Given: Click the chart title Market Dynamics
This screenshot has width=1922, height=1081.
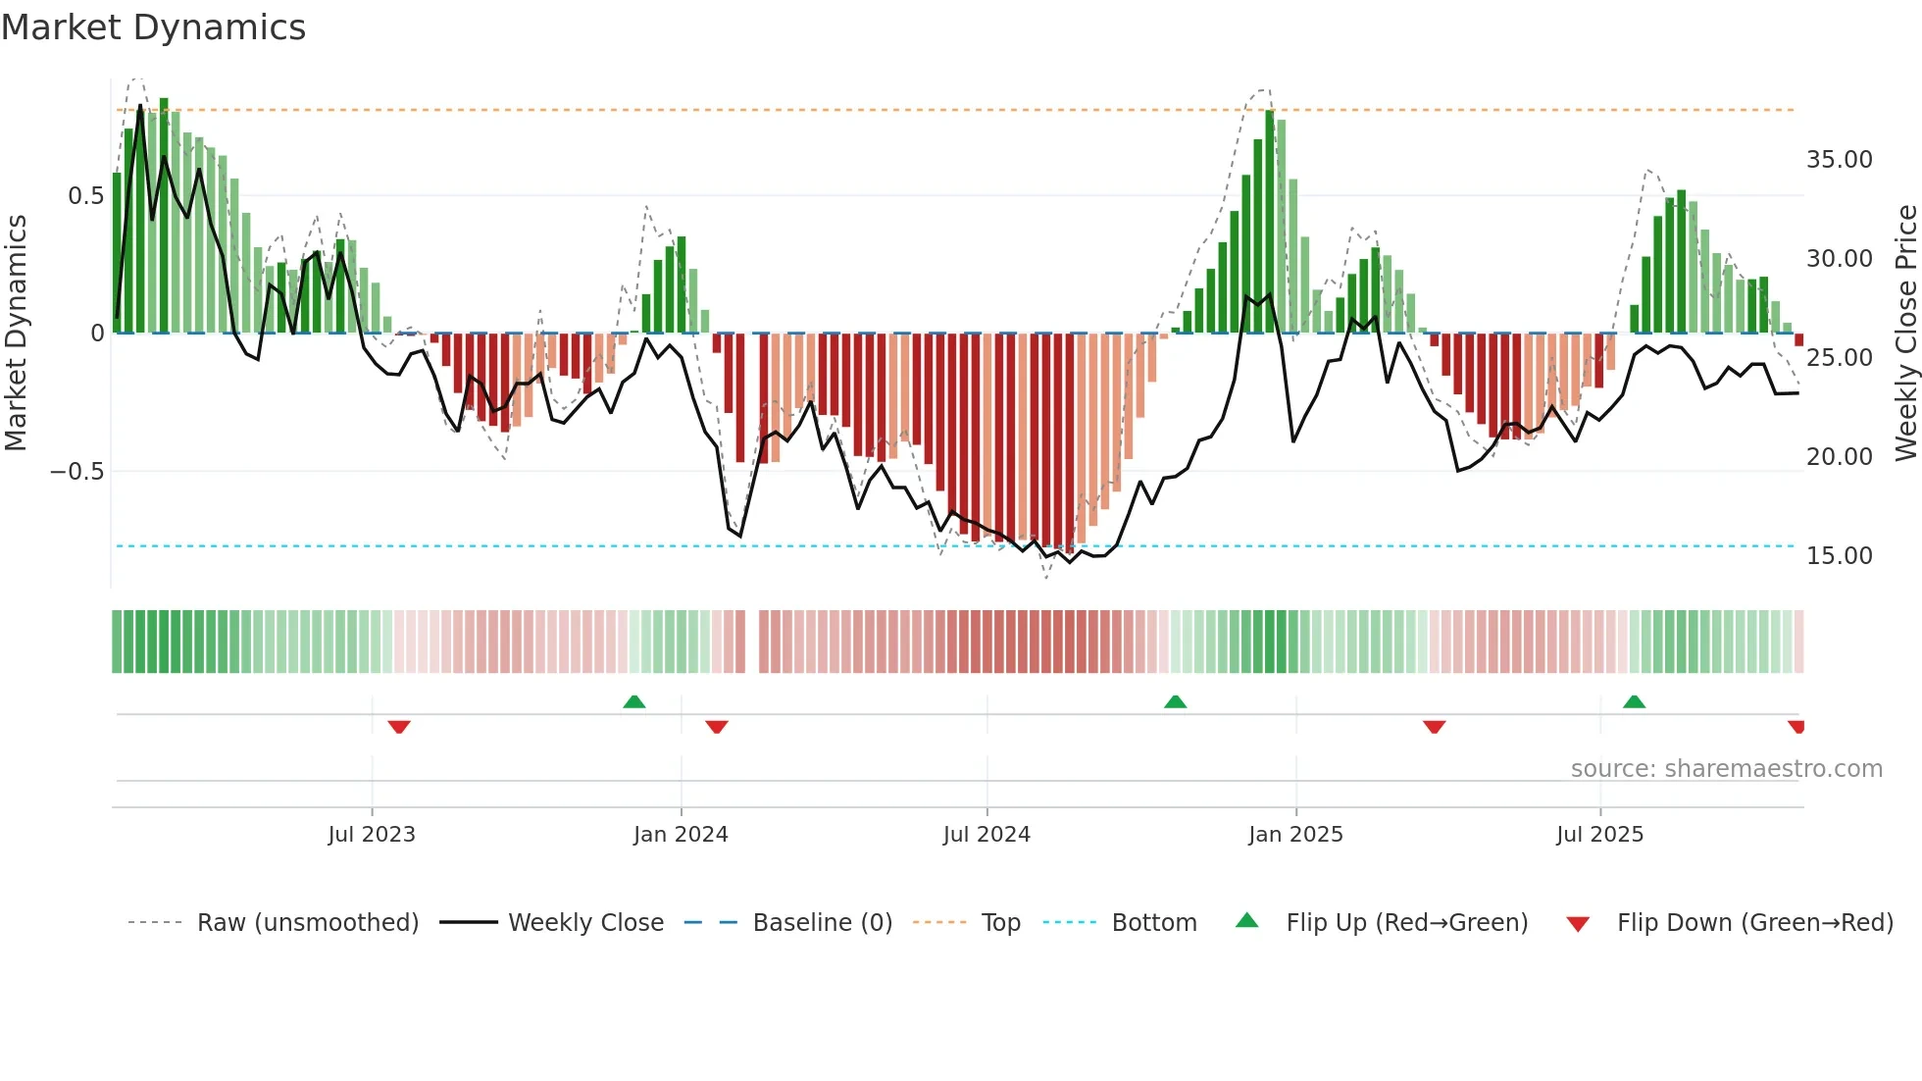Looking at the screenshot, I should tap(153, 27).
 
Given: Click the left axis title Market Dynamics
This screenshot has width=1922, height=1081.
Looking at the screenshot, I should tap(16, 334).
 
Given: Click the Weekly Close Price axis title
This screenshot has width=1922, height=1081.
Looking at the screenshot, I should tap(1905, 334).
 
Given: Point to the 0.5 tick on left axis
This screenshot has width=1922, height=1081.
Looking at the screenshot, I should tap(85, 196).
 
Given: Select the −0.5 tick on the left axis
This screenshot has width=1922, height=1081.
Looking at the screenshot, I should tap(76, 472).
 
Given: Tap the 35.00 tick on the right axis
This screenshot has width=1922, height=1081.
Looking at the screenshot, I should tap(1839, 160).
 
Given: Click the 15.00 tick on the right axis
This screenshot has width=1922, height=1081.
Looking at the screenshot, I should tap(1839, 556).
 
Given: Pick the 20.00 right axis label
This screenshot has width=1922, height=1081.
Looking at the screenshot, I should tap(1839, 457).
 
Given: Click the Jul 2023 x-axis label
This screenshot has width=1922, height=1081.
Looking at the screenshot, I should tap(372, 835).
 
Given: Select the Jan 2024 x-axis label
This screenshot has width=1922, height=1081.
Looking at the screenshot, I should tap(681, 835).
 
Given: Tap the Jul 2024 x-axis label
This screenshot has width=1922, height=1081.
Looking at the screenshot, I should tap(986, 835).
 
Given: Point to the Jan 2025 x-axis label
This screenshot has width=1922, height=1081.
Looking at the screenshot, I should tap(1295, 835).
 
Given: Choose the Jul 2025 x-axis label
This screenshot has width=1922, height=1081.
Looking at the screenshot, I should tap(1599, 835).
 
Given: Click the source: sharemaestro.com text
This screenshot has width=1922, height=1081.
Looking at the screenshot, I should tap(1726, 769).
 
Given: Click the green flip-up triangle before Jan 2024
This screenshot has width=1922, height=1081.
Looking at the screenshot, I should tap(634, 701).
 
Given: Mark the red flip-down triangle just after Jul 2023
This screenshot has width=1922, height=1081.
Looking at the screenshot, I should tap(398, 727).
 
